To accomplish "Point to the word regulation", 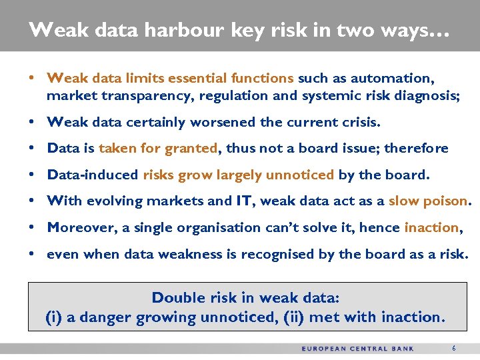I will pos(231,95).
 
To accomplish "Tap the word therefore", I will pos(415,148).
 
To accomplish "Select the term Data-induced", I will pos(93,175).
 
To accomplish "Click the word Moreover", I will pos(83,227).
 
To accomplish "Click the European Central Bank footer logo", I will pos(357,349).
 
